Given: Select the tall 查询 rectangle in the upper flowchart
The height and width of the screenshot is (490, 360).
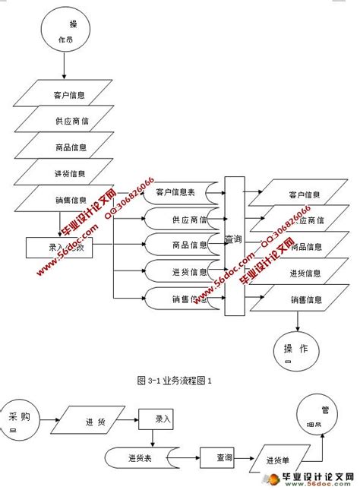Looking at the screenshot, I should click(235, 245).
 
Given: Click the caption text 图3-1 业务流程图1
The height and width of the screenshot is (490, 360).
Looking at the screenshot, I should click(173, 379).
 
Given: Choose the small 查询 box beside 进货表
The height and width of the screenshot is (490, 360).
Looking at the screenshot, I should click(218, 458).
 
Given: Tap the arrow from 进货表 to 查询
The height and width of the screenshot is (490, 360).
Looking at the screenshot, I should click(189, 457).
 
